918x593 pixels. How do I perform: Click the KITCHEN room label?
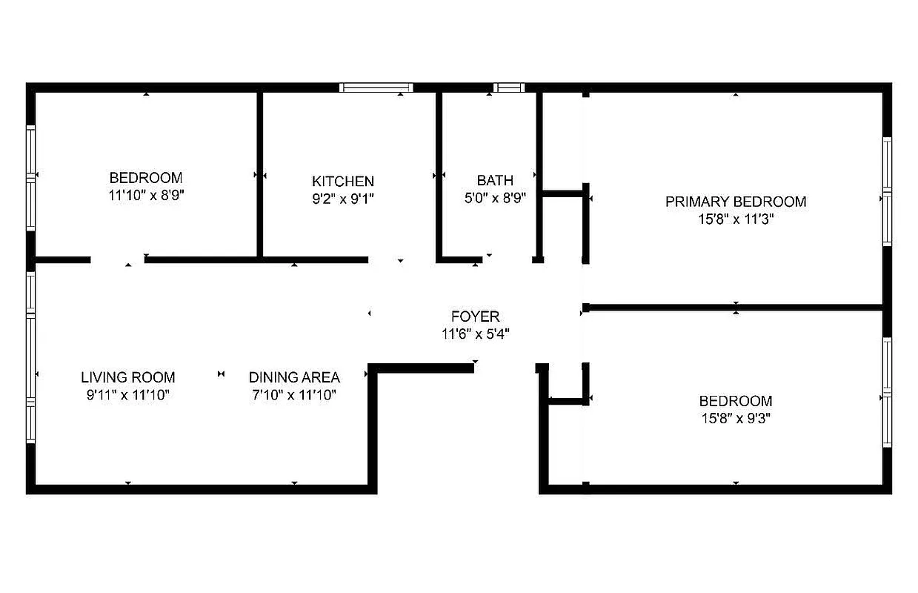342,181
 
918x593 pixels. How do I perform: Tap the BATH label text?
494,180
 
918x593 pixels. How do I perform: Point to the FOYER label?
475,317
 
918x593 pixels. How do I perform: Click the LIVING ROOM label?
128,377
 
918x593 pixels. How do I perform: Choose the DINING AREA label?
294,377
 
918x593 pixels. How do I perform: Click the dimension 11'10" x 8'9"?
146,196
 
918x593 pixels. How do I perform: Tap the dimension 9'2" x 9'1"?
342,199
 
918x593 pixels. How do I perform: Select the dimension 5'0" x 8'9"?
494,198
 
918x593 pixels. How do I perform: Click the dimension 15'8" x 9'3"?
735,419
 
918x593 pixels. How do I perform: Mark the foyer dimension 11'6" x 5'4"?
475,334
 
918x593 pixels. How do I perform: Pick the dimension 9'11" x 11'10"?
128,395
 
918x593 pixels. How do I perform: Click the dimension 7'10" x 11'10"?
294,395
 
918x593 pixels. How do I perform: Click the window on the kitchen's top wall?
376,87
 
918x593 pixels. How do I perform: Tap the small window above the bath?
509,87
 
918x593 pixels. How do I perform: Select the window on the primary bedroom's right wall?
886,191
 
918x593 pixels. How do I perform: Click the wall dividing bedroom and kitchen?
260,174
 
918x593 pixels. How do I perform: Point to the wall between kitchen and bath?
439,174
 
